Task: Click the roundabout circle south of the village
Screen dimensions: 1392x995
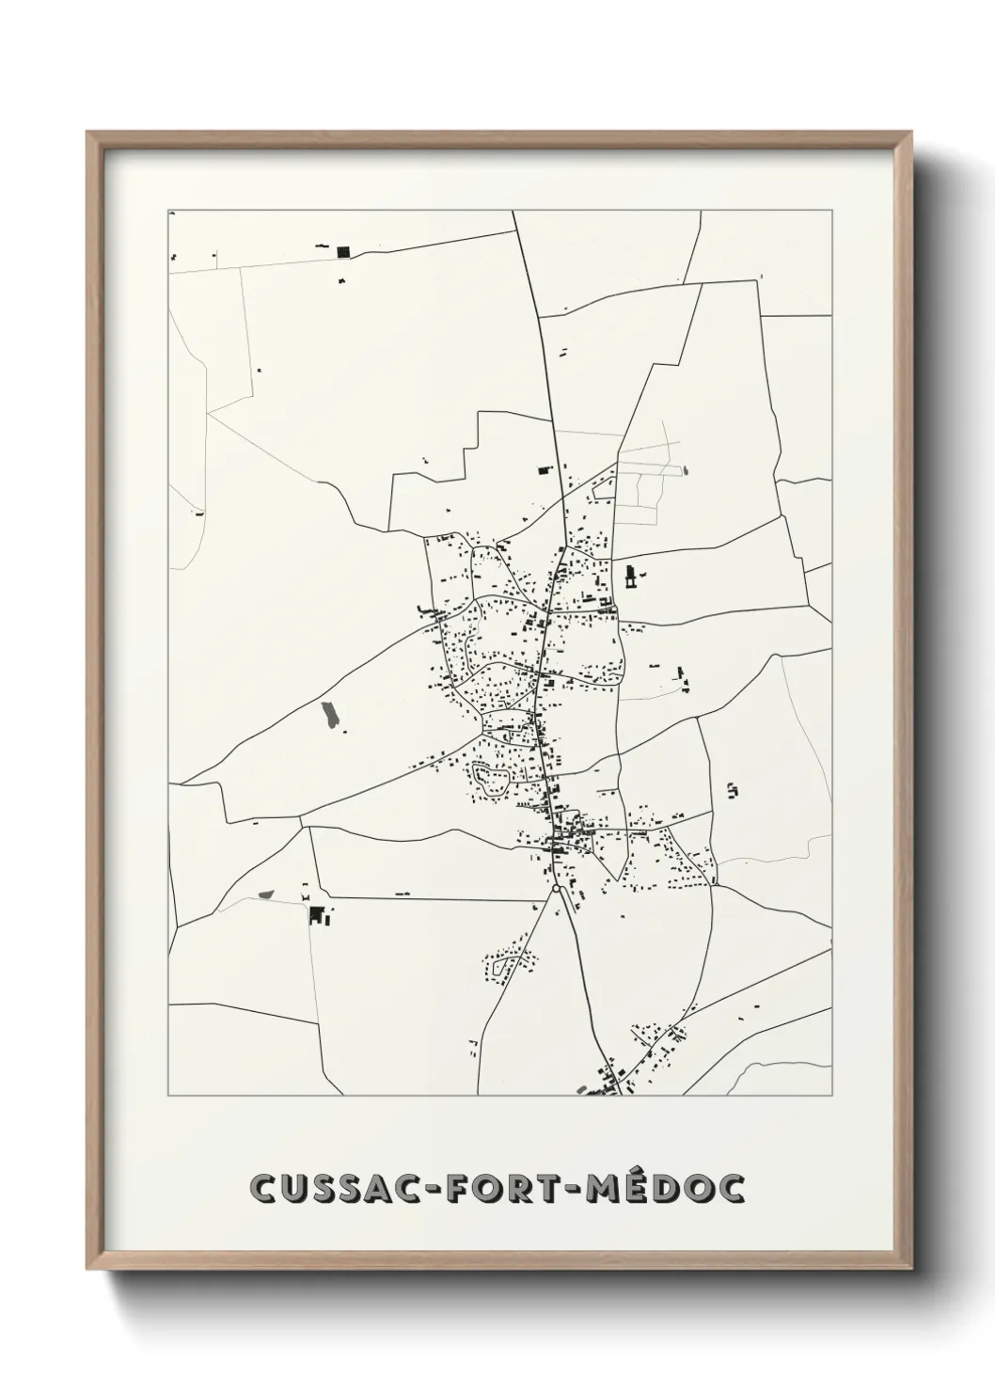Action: (x=557, y=887)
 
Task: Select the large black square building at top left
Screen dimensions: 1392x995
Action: (x=342, y=251)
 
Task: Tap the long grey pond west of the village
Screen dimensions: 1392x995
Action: (x=328, y=715)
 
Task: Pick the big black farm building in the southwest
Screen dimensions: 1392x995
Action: (x=316, y=914)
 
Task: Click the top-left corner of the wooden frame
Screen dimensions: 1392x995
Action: (x=87, y=133)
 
